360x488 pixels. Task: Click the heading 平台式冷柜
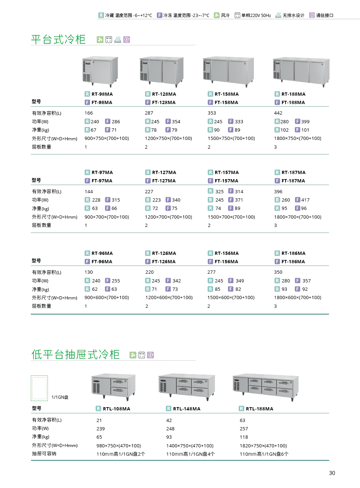point(58,40)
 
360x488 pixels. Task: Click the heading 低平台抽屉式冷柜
point(75,355)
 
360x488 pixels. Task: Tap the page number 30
point(332,473)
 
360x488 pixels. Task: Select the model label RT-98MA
point(102,94)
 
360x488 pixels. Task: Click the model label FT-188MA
point(293,102)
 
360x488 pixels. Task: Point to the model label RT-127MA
point(164,172)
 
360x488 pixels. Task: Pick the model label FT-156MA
point(226,261)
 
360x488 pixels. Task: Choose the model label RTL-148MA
point(187,409)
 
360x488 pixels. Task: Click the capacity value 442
point(278,113)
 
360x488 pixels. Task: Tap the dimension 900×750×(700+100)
point(107,138)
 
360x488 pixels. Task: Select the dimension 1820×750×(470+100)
point(263,446)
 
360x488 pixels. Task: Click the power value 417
point(305,200)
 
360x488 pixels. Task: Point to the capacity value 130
point(89,272)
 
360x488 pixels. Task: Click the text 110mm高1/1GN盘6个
point(264,454)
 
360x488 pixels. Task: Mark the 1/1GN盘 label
point(60,397)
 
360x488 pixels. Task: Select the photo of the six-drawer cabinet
point(266,387)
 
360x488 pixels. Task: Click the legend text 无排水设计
point(293,15)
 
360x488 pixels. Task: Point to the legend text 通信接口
point(325,15)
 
